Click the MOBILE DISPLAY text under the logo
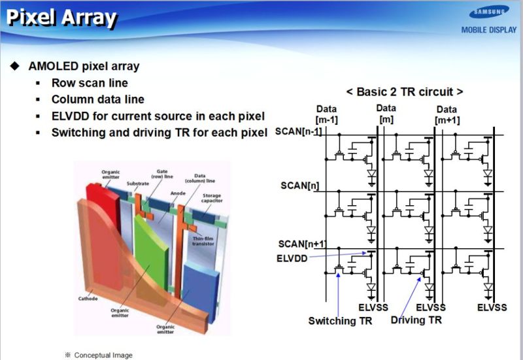coord(488,29)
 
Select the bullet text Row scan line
coord(90,83)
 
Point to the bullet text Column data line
coord(98,99)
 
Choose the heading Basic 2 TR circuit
coord(405,91)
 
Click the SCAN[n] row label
coord(299,186)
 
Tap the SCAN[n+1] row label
coord(301,244)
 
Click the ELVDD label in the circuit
coord(292,257)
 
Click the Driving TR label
coord(416,319)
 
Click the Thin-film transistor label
coord(203,241)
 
